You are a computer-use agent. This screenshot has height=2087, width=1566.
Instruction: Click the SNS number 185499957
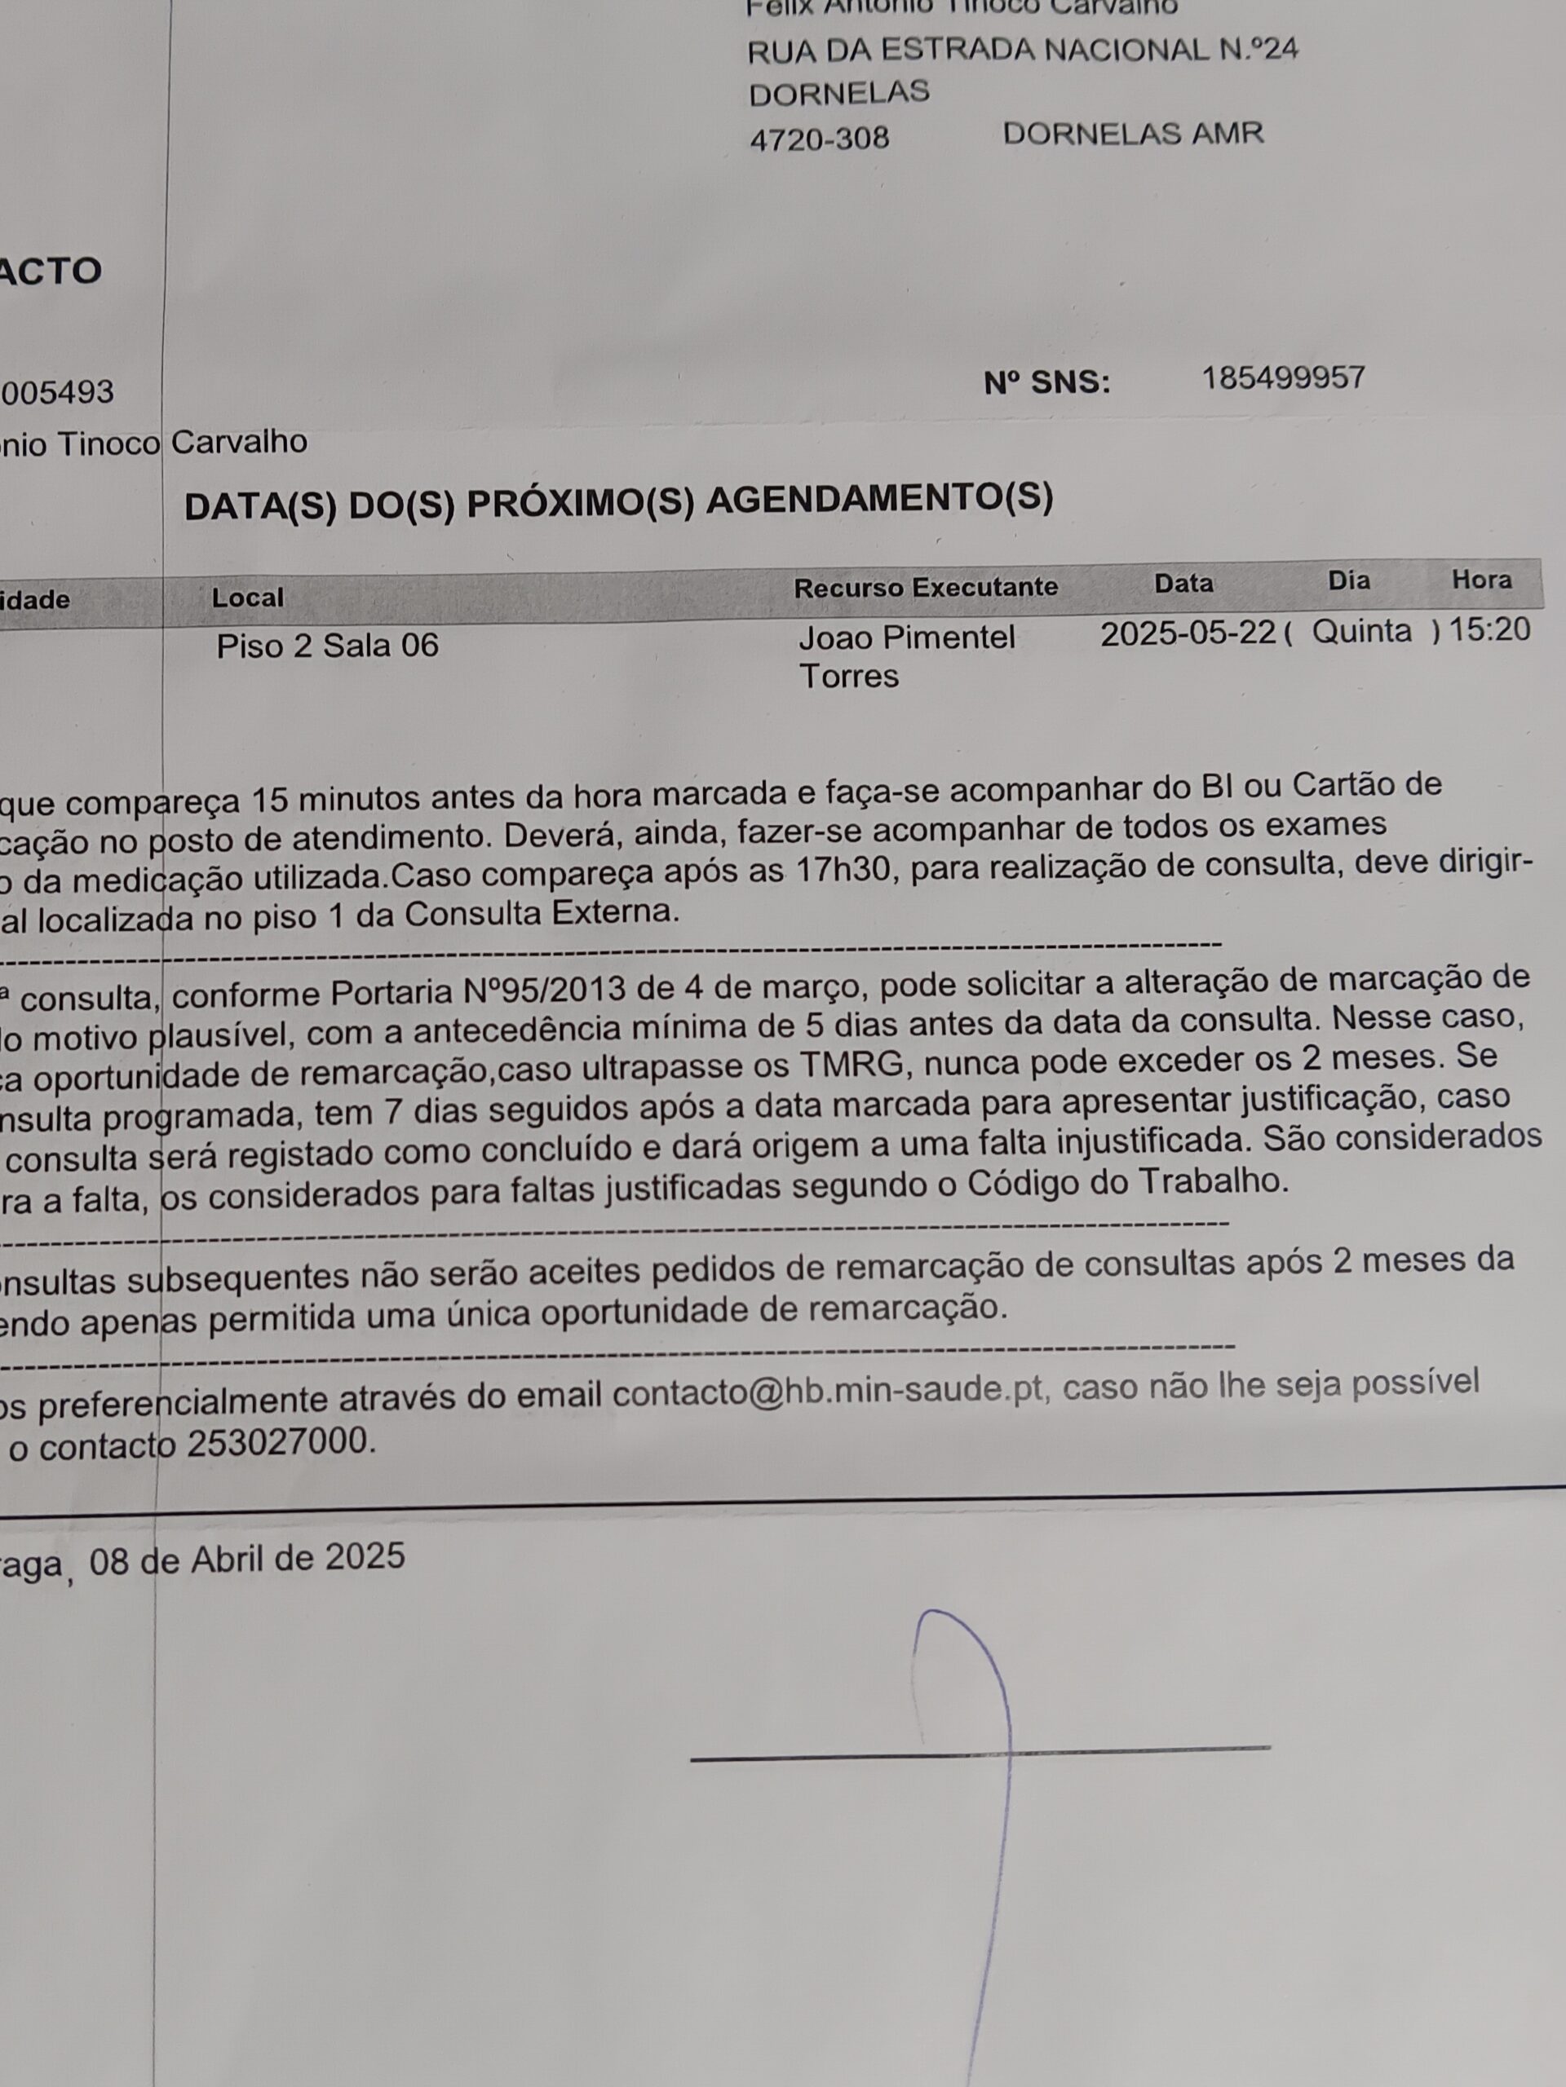[x=1283, y=378]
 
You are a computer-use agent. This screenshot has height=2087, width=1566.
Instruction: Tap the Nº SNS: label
[x=1046, y=383]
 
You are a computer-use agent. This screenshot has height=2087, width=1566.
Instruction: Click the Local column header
[x=247, y=598]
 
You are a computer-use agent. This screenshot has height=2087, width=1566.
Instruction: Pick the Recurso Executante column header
[x=925, y=588]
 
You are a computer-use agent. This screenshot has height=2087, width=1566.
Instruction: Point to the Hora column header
[x=1481, y=580]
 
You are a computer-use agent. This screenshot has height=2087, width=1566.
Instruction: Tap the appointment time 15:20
[x=1489, y=629]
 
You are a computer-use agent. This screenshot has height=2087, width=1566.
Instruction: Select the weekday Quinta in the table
[x=1361, y=630]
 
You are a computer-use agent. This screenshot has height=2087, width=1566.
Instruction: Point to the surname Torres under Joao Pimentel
[x=848, y=677]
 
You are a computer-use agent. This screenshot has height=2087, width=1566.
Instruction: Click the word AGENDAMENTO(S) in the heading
[x=878, y=499]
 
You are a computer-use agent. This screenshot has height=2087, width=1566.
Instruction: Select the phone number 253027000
[x=276, y=1443]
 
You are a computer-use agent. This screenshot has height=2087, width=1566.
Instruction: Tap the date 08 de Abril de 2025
[x=247, y=1558]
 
